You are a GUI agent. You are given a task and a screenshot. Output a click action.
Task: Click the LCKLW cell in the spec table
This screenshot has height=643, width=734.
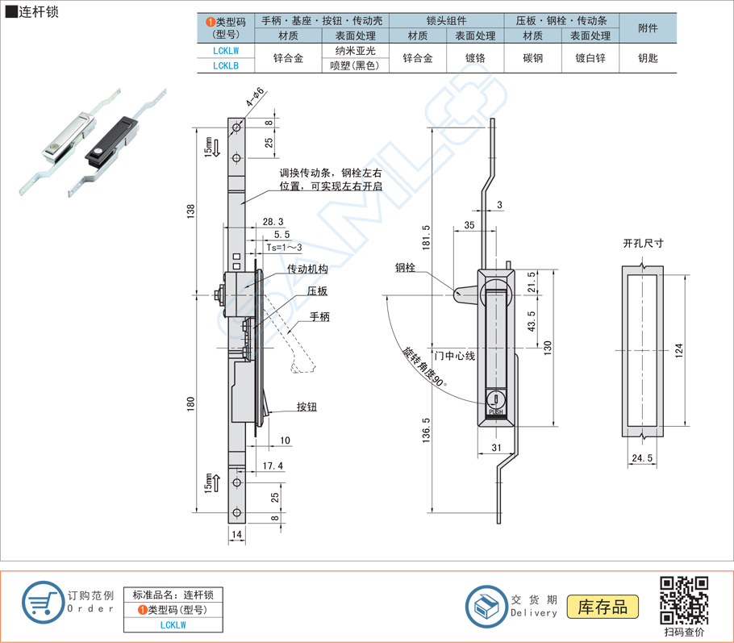pyautogui.click(x=226, y=50)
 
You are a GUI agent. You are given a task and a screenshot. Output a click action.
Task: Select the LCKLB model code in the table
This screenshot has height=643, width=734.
pyautogui.click(x=226, y=65)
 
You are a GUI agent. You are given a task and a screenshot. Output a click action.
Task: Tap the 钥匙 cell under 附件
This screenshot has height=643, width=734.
pyautogui.click(x=648, y=58)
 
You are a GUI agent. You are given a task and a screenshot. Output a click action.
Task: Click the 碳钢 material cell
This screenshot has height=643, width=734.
pyautogui.click(x=532, y=58)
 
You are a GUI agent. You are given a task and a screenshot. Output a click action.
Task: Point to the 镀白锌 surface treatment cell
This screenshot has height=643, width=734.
pyautogui.click(x=590, y=58)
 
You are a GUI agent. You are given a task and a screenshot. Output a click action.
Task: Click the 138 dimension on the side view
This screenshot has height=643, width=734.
pyautogui.click(x=191, y=210)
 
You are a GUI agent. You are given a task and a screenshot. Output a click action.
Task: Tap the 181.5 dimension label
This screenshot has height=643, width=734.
pyautogui.click(x=426, y=237)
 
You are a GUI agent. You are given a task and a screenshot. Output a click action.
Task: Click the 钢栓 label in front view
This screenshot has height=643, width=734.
pyautogui.click(x=406, y=268)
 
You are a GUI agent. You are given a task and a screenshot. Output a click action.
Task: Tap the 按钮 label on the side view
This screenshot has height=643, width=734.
pyautogui.click(x=307, y=407)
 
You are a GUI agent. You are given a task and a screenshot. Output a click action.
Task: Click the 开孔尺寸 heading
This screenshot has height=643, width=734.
pyautogui.click(x=643, y=243)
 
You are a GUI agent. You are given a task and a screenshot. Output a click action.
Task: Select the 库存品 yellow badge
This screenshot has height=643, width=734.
pyautogui.click(x=603, y=608)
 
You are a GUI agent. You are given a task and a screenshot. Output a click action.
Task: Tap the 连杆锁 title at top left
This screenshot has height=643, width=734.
pyautogui.click(x=37, y=12)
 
